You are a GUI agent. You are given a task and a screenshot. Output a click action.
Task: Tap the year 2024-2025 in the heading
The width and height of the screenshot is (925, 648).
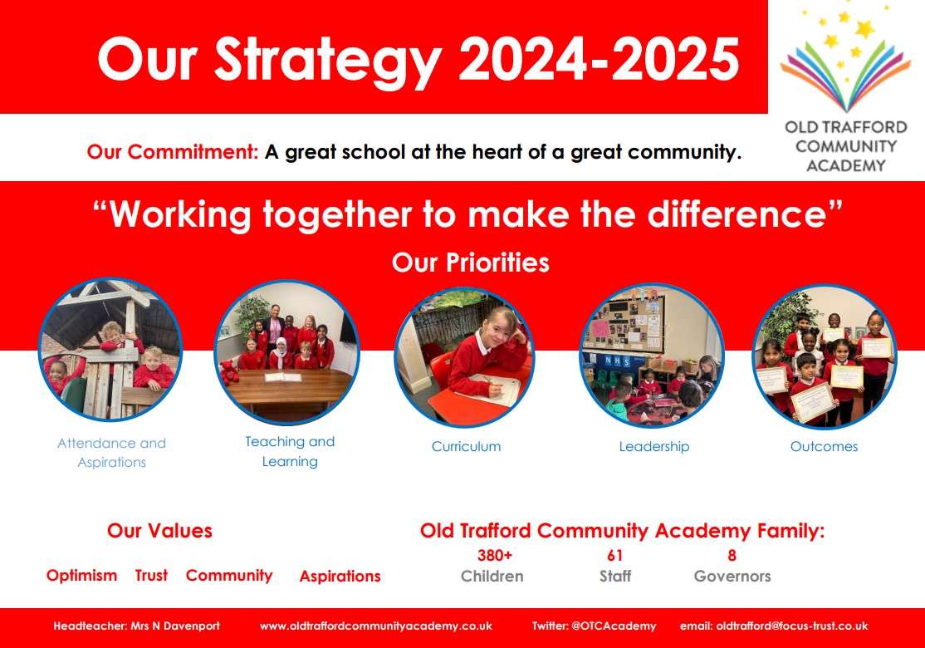599,59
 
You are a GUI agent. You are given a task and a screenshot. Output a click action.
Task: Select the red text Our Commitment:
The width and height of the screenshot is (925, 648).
173,152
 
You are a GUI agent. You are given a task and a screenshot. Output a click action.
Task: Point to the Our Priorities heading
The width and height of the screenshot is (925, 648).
470,263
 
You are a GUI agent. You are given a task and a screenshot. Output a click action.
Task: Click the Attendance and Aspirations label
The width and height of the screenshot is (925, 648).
111,452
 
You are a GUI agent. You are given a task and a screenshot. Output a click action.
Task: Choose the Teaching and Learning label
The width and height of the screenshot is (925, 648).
290,451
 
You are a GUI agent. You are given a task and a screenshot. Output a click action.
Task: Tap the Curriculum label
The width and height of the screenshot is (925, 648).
466,447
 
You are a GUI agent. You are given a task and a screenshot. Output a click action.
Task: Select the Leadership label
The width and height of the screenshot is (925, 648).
654,447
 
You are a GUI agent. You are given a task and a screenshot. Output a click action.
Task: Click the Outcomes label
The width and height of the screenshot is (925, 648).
825,447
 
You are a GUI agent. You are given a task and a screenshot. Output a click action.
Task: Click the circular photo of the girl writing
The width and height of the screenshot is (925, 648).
464,357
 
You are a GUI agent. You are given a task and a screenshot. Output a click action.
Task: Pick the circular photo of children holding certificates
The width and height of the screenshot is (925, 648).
825,356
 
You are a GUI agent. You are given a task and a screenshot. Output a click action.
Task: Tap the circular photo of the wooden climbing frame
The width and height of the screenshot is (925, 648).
110,350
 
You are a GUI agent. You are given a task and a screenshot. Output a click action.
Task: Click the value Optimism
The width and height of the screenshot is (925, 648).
81,576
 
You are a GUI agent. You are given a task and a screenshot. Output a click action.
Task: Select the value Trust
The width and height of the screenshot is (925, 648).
151,576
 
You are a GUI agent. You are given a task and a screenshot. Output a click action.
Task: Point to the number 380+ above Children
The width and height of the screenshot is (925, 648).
494,555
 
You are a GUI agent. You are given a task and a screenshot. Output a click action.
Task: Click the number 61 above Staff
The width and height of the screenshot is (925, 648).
614,555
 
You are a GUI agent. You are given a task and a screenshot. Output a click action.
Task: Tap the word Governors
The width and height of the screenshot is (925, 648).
732,576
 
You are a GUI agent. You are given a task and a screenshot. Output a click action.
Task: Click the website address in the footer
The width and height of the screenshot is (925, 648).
376,626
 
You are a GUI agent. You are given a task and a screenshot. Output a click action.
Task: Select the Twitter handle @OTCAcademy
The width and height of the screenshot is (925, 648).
614,626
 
